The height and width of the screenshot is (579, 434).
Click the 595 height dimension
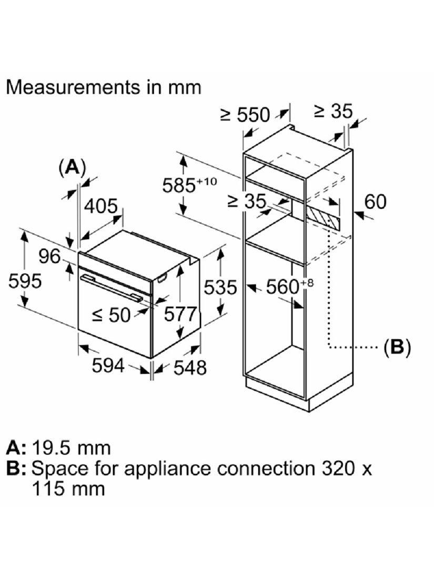25,282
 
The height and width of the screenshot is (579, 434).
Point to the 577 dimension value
180,314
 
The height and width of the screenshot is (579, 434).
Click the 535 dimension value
220,287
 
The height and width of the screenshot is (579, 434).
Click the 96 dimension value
51,256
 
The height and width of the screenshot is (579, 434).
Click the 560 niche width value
284,287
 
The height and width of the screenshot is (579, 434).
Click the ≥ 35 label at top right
332,111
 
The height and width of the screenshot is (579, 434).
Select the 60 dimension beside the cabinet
375,202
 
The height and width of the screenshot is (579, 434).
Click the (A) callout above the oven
72,167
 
